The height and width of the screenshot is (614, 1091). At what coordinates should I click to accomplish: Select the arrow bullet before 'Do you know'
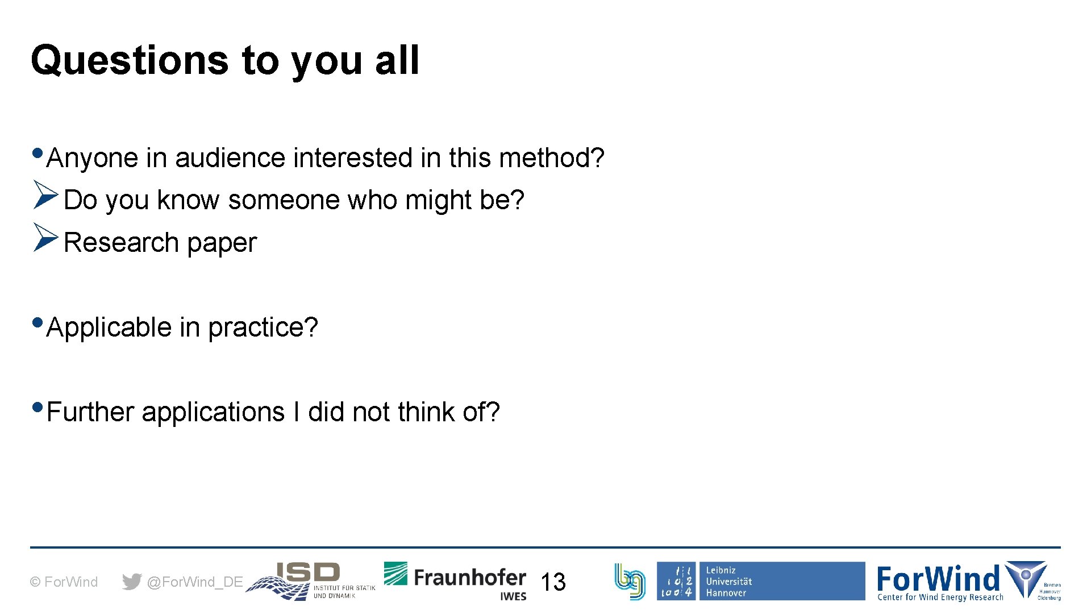point(45,195)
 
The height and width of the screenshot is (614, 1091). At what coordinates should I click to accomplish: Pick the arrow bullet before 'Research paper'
point(45,238)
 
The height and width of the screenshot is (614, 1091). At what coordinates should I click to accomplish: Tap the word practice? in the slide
point(263,328)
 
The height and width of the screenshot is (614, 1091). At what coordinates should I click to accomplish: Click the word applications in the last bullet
point(213,413)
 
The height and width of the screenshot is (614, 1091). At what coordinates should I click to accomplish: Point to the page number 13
point(553,582)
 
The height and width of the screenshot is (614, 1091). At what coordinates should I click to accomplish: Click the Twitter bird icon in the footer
point(132,582)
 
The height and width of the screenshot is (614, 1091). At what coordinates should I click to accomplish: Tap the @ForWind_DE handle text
point(194,582)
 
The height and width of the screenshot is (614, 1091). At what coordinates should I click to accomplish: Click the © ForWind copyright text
point(64,582)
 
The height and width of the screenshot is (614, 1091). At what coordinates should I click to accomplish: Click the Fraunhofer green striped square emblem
point(395,574)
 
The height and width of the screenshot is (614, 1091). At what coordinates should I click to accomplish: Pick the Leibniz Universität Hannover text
point(728,582)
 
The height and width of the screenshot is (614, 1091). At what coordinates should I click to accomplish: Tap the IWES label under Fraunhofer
point(513,596)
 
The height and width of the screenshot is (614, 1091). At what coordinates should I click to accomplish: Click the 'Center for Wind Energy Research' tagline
point(940,597)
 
